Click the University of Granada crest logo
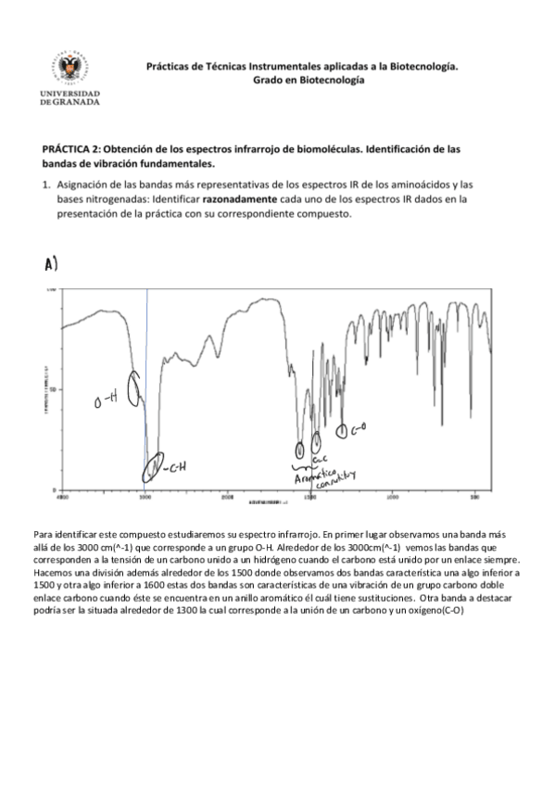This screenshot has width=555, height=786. (70, 70)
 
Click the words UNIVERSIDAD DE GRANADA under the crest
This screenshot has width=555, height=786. (70, 97)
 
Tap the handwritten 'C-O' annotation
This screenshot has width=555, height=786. (359, 428)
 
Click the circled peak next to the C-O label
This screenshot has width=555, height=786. (342, 430)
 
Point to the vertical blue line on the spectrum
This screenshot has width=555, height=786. (146, 371)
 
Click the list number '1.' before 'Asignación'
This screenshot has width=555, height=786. (46, 184)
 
